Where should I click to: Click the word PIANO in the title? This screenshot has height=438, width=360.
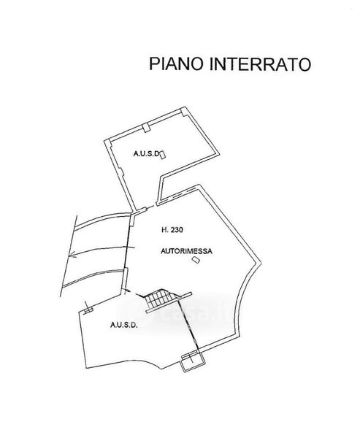coord(177,64)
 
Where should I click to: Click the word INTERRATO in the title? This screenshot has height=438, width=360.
coord(260,64)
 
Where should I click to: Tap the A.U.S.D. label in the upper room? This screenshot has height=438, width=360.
coord(146,153)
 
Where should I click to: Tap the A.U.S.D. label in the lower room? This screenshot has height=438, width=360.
coord(124,325)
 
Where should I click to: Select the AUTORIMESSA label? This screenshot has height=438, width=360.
coord(186,251)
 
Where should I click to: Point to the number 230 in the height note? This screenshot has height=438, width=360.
coord(177,230)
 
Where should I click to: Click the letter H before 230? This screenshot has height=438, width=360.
coord(164,230)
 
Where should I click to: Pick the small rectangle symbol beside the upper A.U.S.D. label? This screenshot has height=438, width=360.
coord(162,155)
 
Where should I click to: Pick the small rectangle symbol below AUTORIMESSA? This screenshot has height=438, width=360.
coord(196,260)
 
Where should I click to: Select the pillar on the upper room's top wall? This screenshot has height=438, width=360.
coord(145,128)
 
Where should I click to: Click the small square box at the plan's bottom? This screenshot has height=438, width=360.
coord(194,362)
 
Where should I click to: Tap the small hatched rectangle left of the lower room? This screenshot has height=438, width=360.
coord(88,310)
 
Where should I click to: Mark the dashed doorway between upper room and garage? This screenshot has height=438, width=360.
coord(151,207)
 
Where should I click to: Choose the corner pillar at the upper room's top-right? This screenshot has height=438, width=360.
coord(183,111)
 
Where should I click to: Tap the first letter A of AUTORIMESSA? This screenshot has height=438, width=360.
coord(163,251)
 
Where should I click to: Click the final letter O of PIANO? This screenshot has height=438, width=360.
coord(198,64)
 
